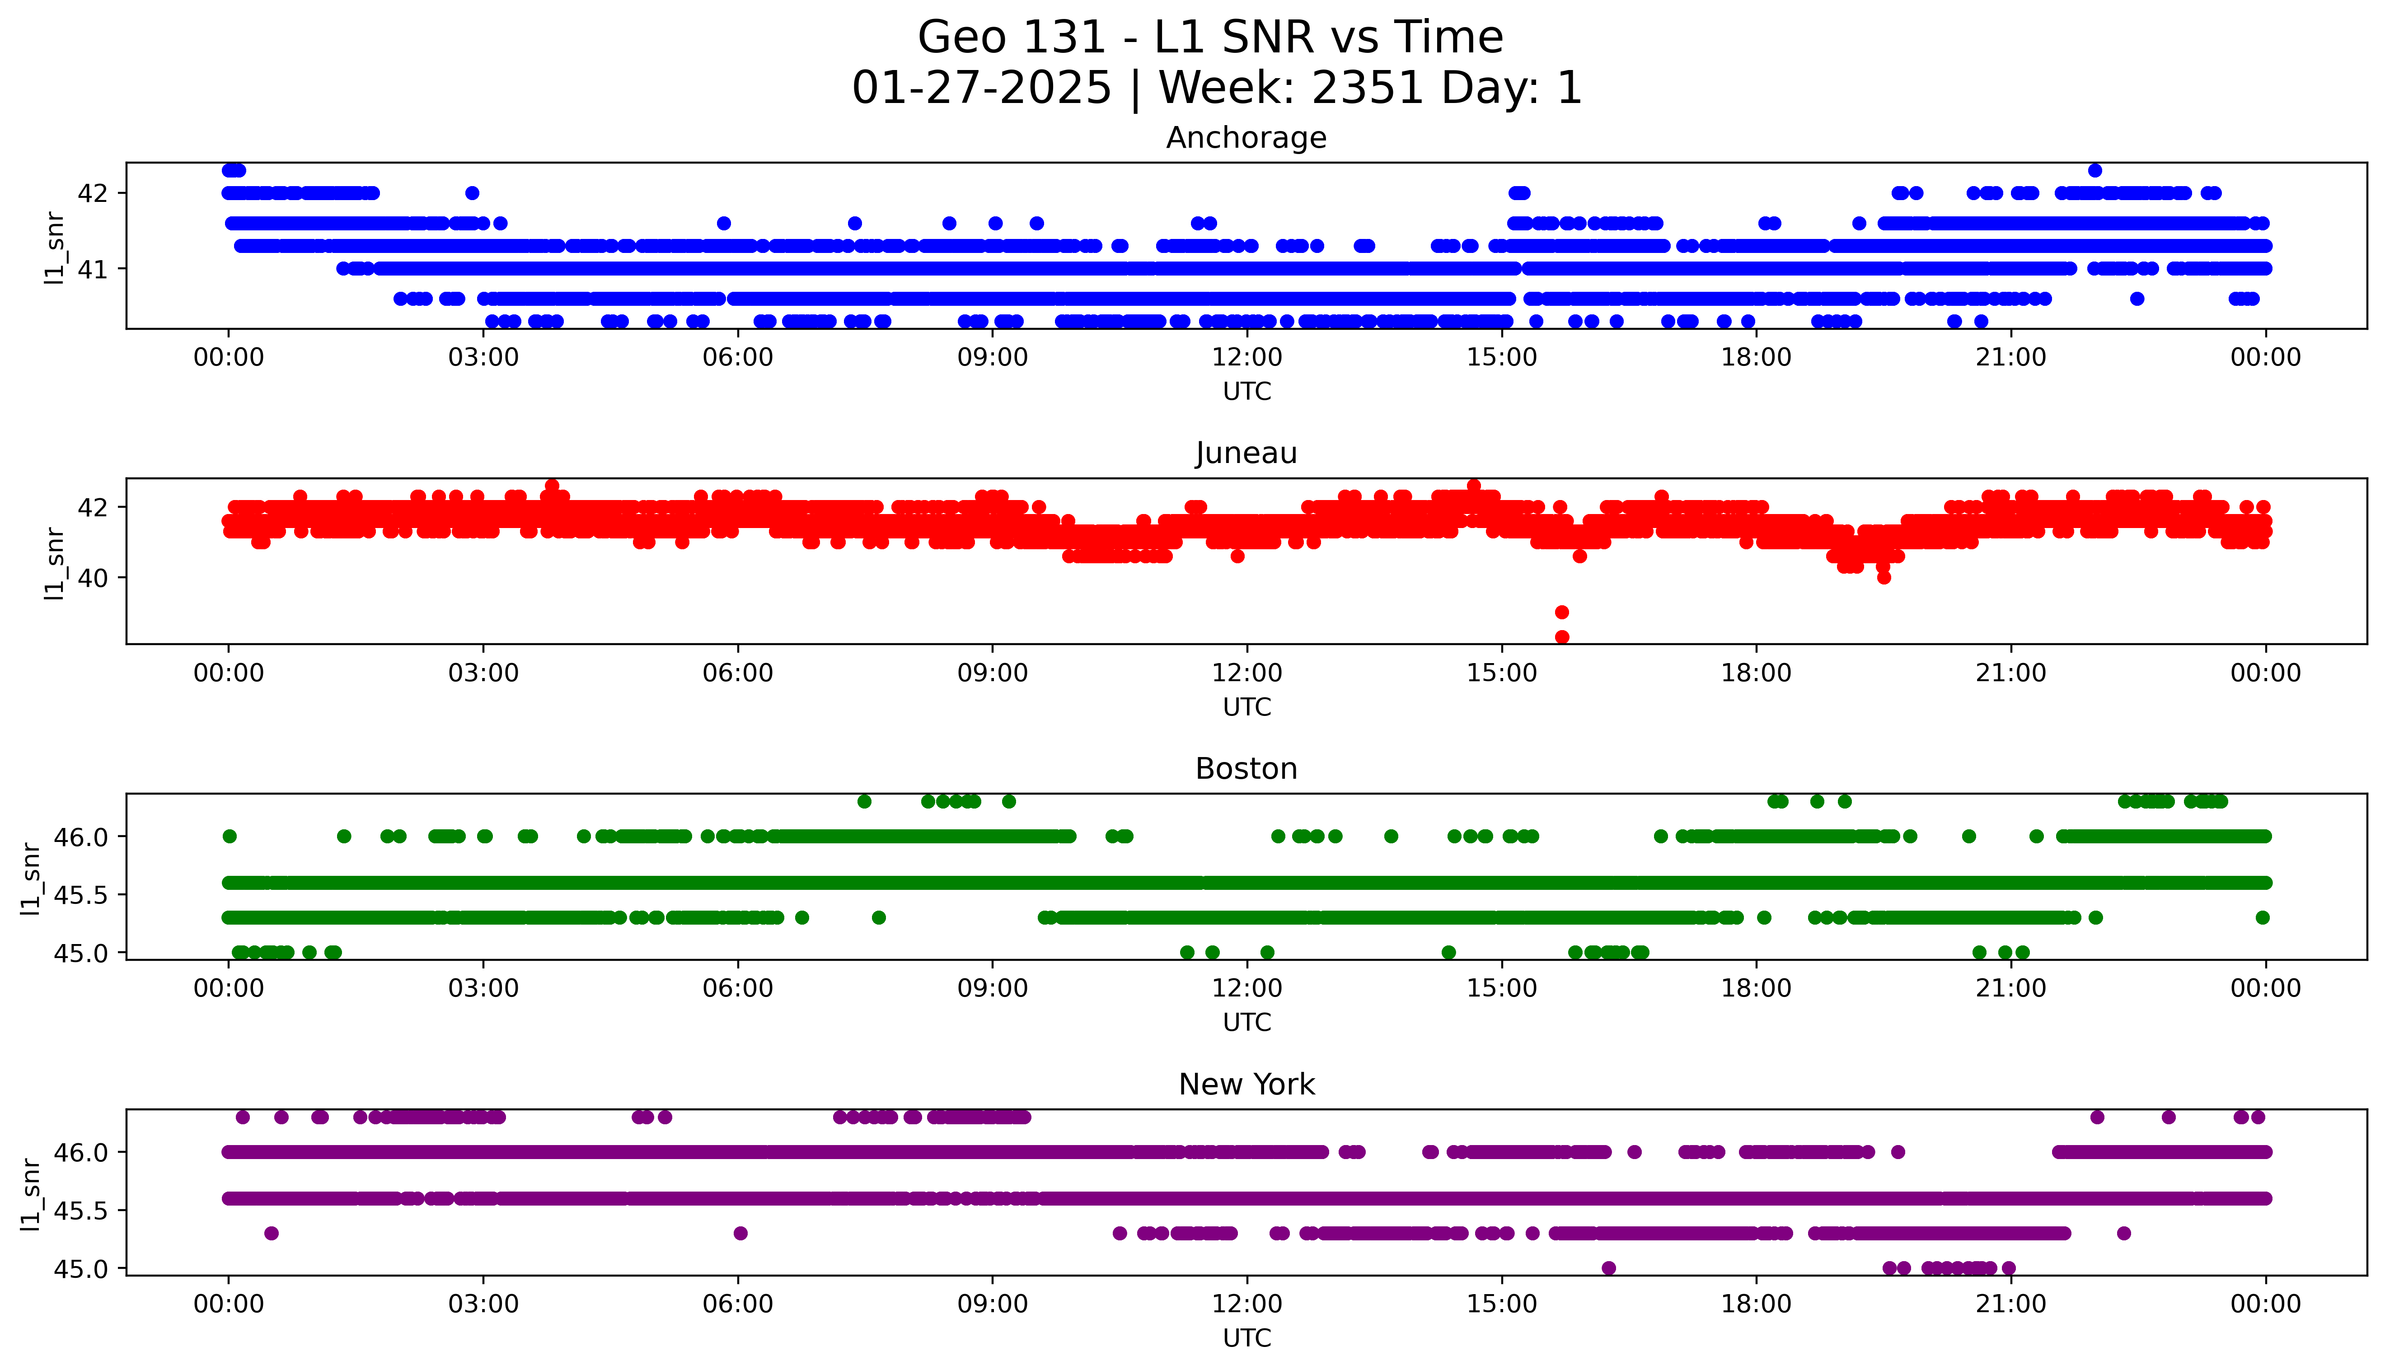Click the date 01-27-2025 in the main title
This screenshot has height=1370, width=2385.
point(981,89)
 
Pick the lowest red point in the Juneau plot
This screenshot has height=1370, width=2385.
point(1562,637)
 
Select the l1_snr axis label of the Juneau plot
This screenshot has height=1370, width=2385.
point(55,563)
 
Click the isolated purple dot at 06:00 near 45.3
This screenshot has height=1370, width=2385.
point(740,1233)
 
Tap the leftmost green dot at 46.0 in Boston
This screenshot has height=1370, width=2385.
point(230,836)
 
